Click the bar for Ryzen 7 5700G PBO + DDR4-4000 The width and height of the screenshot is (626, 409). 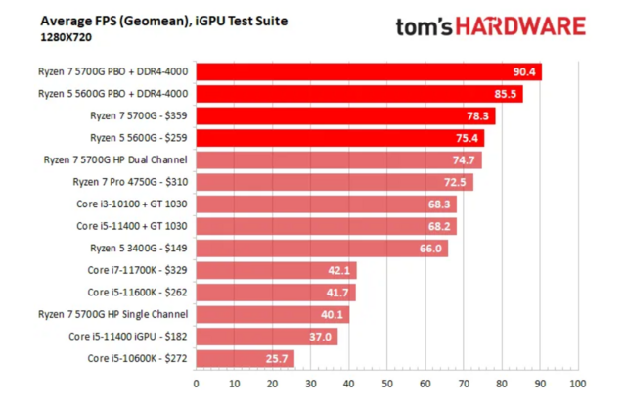pos(368,71)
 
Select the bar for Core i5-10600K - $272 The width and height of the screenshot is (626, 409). pos(245,359)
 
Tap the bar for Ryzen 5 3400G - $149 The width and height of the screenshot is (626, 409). pos(321,249)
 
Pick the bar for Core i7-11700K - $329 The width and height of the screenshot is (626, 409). pos(276,270)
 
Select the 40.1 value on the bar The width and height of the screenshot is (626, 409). pos(333,315)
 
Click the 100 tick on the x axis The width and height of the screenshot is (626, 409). pos(577,383)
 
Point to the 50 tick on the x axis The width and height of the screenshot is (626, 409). pos(387,383)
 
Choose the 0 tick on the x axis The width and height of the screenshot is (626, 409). pos(197,383)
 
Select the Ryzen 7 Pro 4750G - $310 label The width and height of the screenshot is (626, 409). pos(131,182)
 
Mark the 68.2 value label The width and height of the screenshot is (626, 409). pos(440,226)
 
